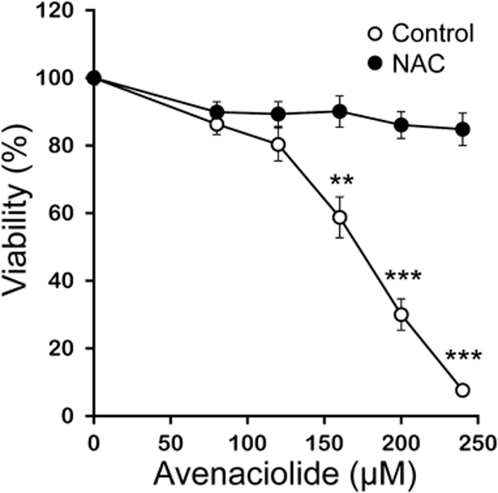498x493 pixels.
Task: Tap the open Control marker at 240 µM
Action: (462, 390)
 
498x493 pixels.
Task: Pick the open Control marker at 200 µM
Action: (401, 315)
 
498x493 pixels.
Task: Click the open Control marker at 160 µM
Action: (340, 217)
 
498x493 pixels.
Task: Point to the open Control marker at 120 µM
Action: (278, 145)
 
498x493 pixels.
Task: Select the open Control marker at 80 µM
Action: (216, 124)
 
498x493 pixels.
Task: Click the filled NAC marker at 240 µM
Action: (462, 129)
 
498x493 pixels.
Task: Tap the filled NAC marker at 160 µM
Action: (340, 112)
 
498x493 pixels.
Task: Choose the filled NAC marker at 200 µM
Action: (401, 125)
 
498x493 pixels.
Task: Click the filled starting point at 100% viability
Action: (94, 78)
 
